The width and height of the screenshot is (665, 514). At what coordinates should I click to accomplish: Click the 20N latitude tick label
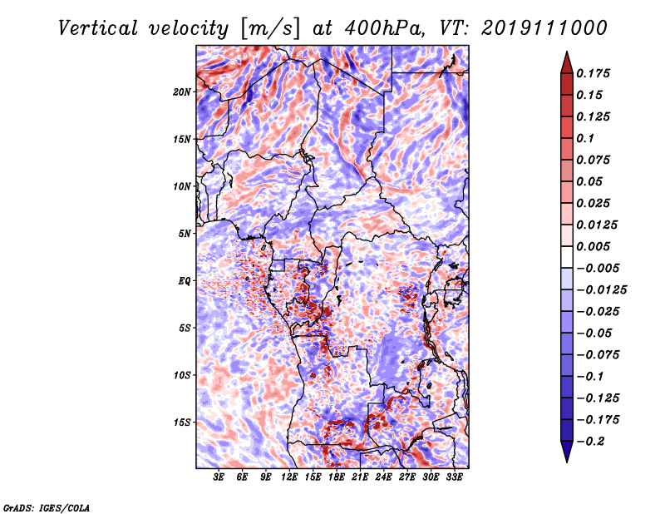[x=182, y=92]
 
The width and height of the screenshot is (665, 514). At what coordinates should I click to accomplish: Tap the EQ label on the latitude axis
[x=184, y=281]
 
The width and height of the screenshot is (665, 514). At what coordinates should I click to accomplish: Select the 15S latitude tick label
[x=182, y=423]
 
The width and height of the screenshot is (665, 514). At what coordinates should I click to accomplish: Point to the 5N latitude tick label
[x=185, y=234]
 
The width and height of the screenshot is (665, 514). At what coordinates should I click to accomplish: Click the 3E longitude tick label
[x=219, y=477]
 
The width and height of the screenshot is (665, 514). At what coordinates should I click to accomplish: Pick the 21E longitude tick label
[x=360, y=477]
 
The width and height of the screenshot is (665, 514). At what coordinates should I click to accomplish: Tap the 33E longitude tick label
[x=454, y=477]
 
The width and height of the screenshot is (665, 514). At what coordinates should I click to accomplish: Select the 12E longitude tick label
[x=289, y=477]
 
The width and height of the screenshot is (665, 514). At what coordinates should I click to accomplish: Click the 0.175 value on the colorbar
[x=593, y=74]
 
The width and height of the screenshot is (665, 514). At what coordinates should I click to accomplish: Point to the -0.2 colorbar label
[x=591, y=442]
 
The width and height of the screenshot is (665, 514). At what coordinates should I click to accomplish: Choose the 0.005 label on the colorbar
[x=593, y=246]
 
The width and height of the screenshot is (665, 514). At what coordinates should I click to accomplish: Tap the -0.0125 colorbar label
[x=601, y=290]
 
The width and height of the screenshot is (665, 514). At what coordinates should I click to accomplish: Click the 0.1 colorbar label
[x=585, y=138]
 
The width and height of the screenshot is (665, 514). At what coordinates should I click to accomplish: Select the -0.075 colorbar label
[x=598, y=355]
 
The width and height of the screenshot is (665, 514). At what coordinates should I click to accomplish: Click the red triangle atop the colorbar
[x=567, y=63]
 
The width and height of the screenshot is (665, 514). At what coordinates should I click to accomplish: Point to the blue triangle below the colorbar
[x=567, y=452]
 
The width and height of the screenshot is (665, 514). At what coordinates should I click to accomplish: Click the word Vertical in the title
[x=98, y=28]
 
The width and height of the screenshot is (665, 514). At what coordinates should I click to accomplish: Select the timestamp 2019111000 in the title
[x=544, y=28]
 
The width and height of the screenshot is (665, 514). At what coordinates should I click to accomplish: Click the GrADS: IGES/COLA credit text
[x=47, y=508]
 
